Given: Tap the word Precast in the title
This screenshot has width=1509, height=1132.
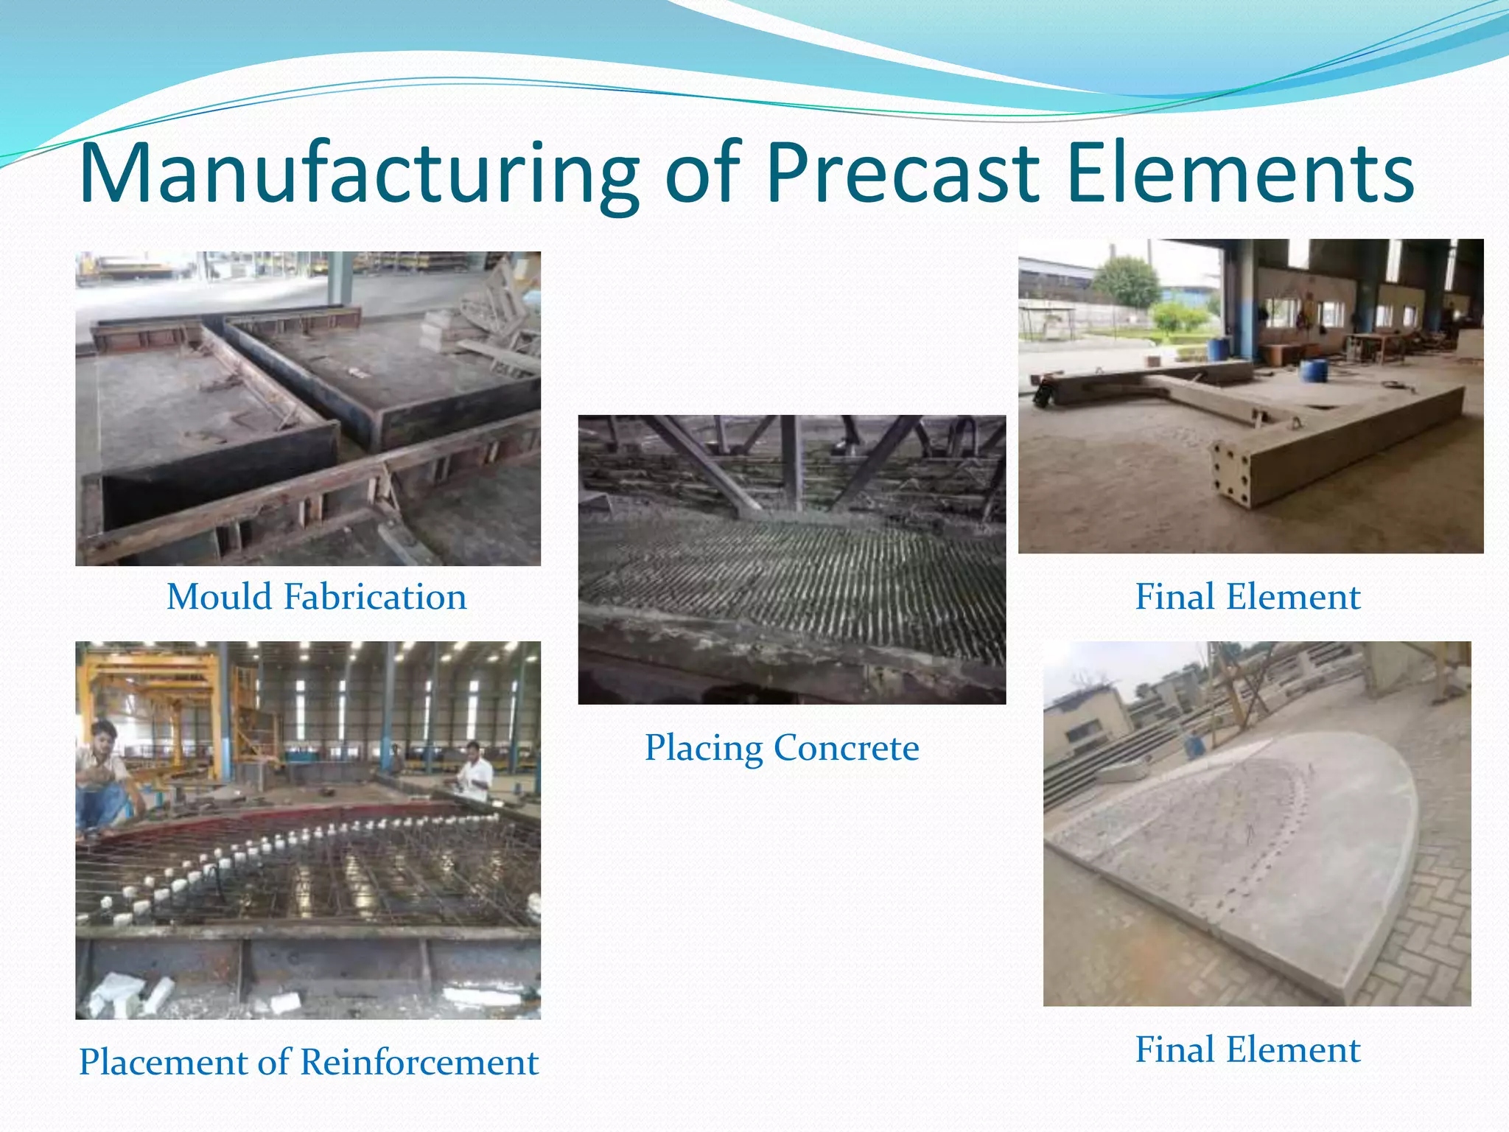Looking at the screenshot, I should (x=902, y=175).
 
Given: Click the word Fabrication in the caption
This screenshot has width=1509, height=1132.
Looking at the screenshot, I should (x=375, y=597).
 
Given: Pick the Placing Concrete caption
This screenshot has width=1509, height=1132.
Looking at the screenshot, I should (x=782, y=748).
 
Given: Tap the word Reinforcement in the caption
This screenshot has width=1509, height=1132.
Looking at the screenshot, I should (x=419, y=1063).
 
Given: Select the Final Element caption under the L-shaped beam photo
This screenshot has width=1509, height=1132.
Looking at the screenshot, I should (x=1247, y=597).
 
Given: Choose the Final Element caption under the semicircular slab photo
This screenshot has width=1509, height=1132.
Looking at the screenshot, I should (x=1247, y=1049).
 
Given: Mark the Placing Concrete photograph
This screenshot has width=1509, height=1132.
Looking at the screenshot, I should (x=792, y=559).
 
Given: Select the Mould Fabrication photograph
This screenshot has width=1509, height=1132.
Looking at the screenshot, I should (x=308, y=409).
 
